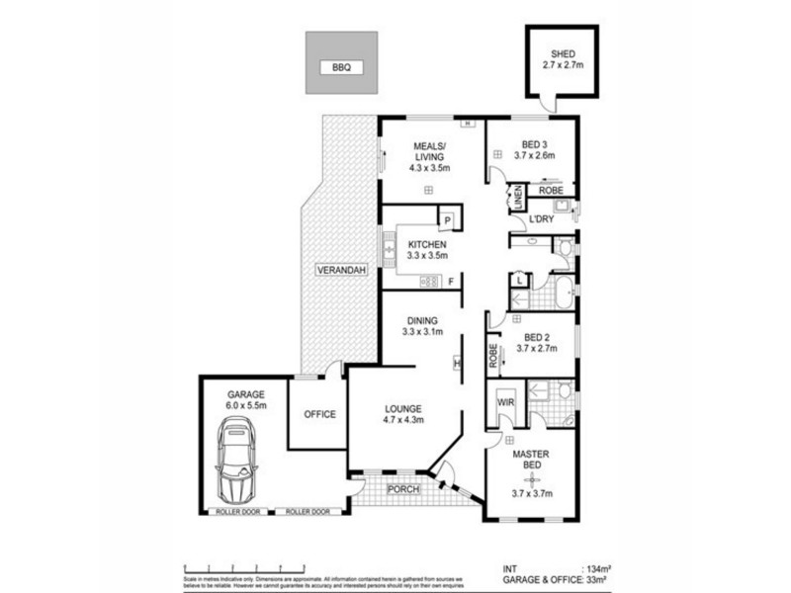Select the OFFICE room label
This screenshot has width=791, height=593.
tap(319, 414)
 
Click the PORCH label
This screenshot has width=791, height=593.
tap(404, 489)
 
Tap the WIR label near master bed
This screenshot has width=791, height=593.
tap(504, 402)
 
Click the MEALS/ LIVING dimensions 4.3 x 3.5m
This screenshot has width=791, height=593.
tap(430, 168)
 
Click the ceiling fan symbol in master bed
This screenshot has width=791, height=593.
tap(534, 478)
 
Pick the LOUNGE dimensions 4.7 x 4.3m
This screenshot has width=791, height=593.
tap(403, 420)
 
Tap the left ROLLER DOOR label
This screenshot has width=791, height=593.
tap(237, 511)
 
